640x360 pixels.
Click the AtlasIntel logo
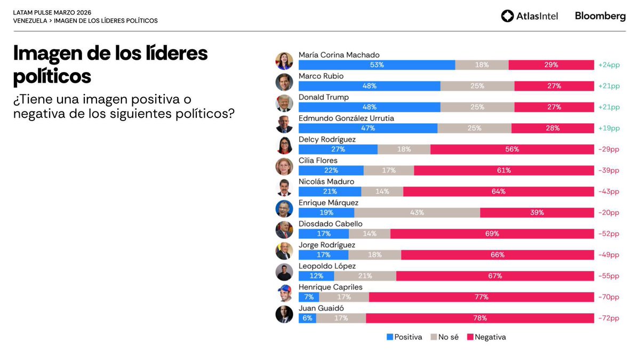[529, 16]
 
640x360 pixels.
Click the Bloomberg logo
[600, 16]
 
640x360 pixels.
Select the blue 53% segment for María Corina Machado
[377, 65]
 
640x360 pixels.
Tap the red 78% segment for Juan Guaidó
[479, 318]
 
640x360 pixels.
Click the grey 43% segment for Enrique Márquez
[417, 213]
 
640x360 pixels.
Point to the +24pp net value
[609, 65]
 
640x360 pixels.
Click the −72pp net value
[609, 318]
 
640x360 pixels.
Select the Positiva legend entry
[404, 337]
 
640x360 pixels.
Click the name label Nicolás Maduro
[326, 181]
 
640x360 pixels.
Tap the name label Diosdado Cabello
[330, 224]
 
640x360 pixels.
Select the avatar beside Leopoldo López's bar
[284, 272]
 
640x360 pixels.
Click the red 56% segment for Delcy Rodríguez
[512, 149]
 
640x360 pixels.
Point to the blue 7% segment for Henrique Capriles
[309, 297]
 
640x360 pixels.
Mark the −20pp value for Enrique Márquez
[609, 213]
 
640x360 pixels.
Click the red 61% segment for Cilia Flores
[503, 171]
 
